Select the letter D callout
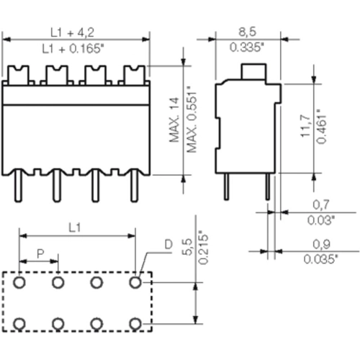point(168,245)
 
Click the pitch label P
point(40,253)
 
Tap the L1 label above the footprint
point(77,228)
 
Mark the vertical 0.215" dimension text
point(204,248)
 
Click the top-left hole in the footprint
point(20,283)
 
